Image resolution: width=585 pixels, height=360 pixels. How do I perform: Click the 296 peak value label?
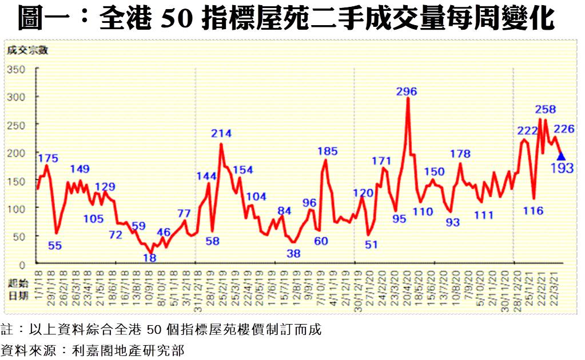[x=407, y=91]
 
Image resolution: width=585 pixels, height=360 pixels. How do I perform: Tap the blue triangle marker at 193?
[x=561, y=156]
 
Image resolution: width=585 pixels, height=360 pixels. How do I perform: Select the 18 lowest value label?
[x=149, y=258]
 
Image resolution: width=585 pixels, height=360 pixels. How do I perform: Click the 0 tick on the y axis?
[x=23, y=264]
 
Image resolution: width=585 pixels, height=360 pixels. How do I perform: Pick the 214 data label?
[x=221, y=134]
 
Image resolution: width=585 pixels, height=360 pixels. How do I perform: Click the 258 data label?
[x=546, y=109]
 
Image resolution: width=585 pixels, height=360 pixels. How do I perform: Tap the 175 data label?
[x=49, y=158]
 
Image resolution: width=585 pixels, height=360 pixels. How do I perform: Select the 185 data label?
[x=328, y=151]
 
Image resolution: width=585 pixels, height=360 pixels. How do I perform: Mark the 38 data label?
[x=294, y=253]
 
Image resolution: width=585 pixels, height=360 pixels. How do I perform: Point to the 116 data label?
[x=533, y=211]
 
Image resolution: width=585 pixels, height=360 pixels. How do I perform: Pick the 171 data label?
[x=381, y=161]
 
